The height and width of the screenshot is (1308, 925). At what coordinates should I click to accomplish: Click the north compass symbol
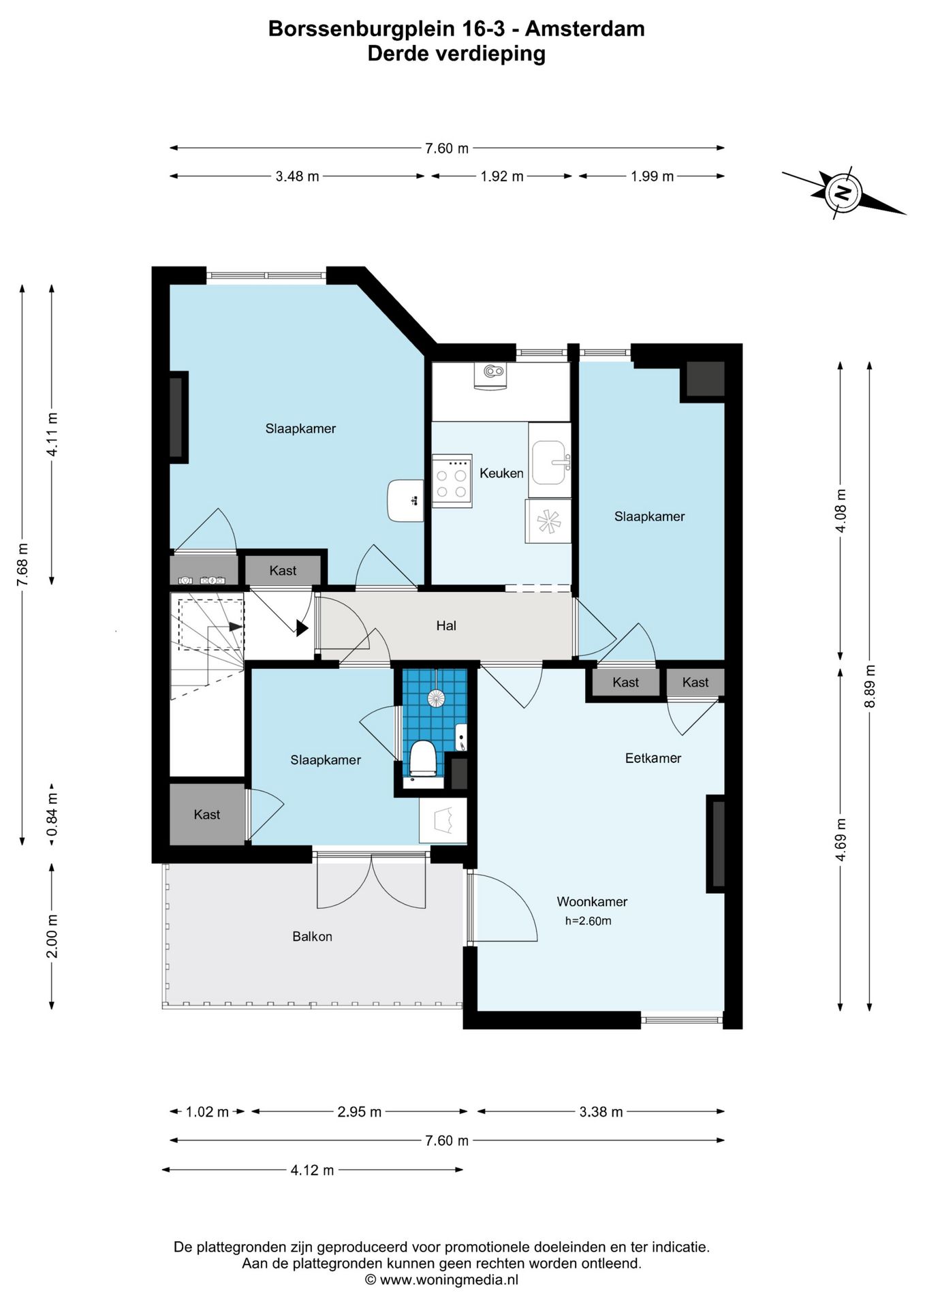[x=843, y=192]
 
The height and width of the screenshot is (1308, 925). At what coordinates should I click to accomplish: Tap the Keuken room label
[x=501, y=473]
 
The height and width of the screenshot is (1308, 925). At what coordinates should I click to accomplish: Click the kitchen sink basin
[x=549, y=462]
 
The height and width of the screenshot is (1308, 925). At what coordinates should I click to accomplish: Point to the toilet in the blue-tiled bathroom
[x=423, y=759]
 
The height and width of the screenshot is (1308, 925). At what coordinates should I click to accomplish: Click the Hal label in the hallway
[x=446, y=625]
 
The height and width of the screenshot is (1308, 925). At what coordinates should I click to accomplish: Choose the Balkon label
[x=312, y=936]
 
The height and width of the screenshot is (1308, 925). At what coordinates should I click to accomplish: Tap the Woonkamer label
[x=592, y=901]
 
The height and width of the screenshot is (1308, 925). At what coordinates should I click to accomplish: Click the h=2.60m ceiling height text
[x=589, y=921]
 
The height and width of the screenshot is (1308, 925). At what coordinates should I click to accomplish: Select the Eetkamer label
[x=653, y=758]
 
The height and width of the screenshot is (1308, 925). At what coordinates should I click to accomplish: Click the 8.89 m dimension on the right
[x=870, y=686]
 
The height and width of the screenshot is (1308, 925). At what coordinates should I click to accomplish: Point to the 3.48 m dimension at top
[x=297, y=176]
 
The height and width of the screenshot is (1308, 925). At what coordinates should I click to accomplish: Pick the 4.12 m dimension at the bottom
[x=312, y=1170]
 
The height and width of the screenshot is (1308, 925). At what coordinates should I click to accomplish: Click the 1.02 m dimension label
[x=207, y=1112]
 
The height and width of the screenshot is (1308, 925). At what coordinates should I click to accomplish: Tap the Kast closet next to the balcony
[x=207, y=814]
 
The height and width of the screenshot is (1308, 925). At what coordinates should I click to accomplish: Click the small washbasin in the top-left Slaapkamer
[x=405, y=501]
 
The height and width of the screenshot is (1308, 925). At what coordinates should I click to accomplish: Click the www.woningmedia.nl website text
[x=449, y=1279]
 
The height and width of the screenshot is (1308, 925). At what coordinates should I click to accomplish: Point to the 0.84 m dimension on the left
[x=52, y=815]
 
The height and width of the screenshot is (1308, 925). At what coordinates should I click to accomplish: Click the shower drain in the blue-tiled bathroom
[x=435, y=697]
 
